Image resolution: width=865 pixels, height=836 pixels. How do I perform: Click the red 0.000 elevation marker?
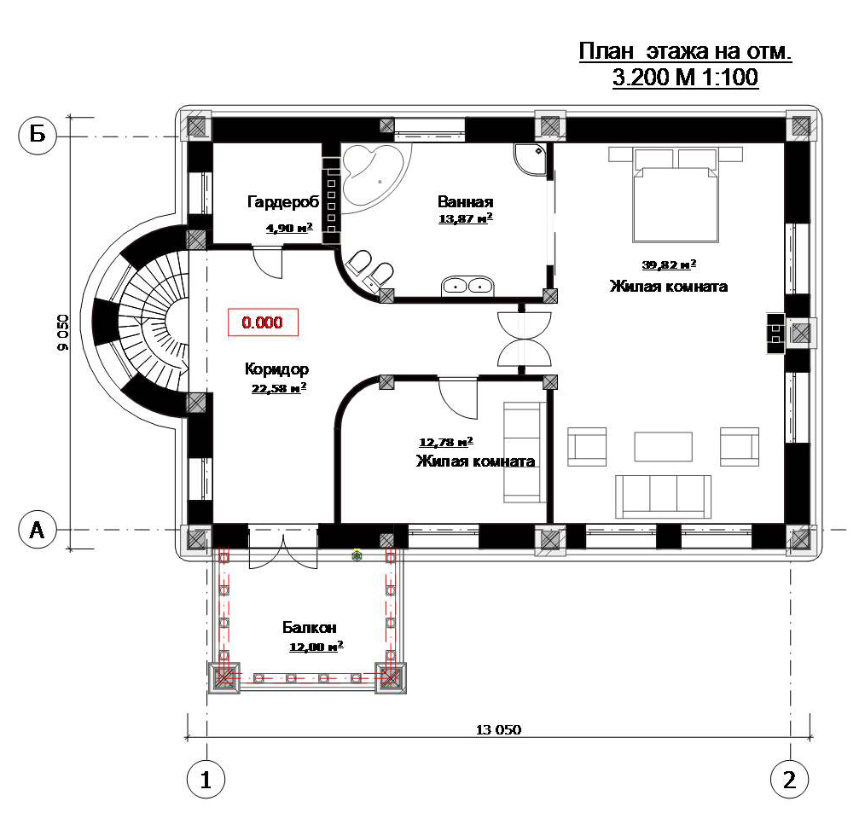click(x=263, y=322)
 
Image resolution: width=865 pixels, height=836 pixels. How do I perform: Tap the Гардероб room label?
click(x=283, y=202)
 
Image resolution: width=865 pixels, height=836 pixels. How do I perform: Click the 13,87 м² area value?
click(x=465, y=218)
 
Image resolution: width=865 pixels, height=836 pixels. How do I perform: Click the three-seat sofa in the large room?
click(x=663, y=496)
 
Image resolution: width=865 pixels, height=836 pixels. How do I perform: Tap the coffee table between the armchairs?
click(x=663, y=446)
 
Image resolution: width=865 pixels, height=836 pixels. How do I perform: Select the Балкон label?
click(x=309, y=627)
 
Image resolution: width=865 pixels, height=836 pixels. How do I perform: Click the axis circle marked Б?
click(x=38, y=134)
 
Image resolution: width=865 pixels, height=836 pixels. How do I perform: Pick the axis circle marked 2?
click(x=789, y=779)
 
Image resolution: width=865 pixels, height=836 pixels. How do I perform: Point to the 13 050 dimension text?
click(x=498, y=729)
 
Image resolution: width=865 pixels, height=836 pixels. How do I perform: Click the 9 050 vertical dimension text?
click(x=63, y=332)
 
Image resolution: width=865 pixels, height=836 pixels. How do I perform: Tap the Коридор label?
click(x=276, y=369)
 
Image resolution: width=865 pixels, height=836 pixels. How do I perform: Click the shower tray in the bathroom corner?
click(x=531, y=160)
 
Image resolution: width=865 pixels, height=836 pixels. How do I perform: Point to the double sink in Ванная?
click(x=467, y=286)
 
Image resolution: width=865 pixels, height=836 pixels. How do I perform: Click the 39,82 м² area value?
click(x=669, y=264)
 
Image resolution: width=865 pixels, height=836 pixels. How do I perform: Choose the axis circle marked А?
click(x=38, y=530)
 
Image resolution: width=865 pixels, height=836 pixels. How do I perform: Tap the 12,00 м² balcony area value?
click(x=316, y=646)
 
